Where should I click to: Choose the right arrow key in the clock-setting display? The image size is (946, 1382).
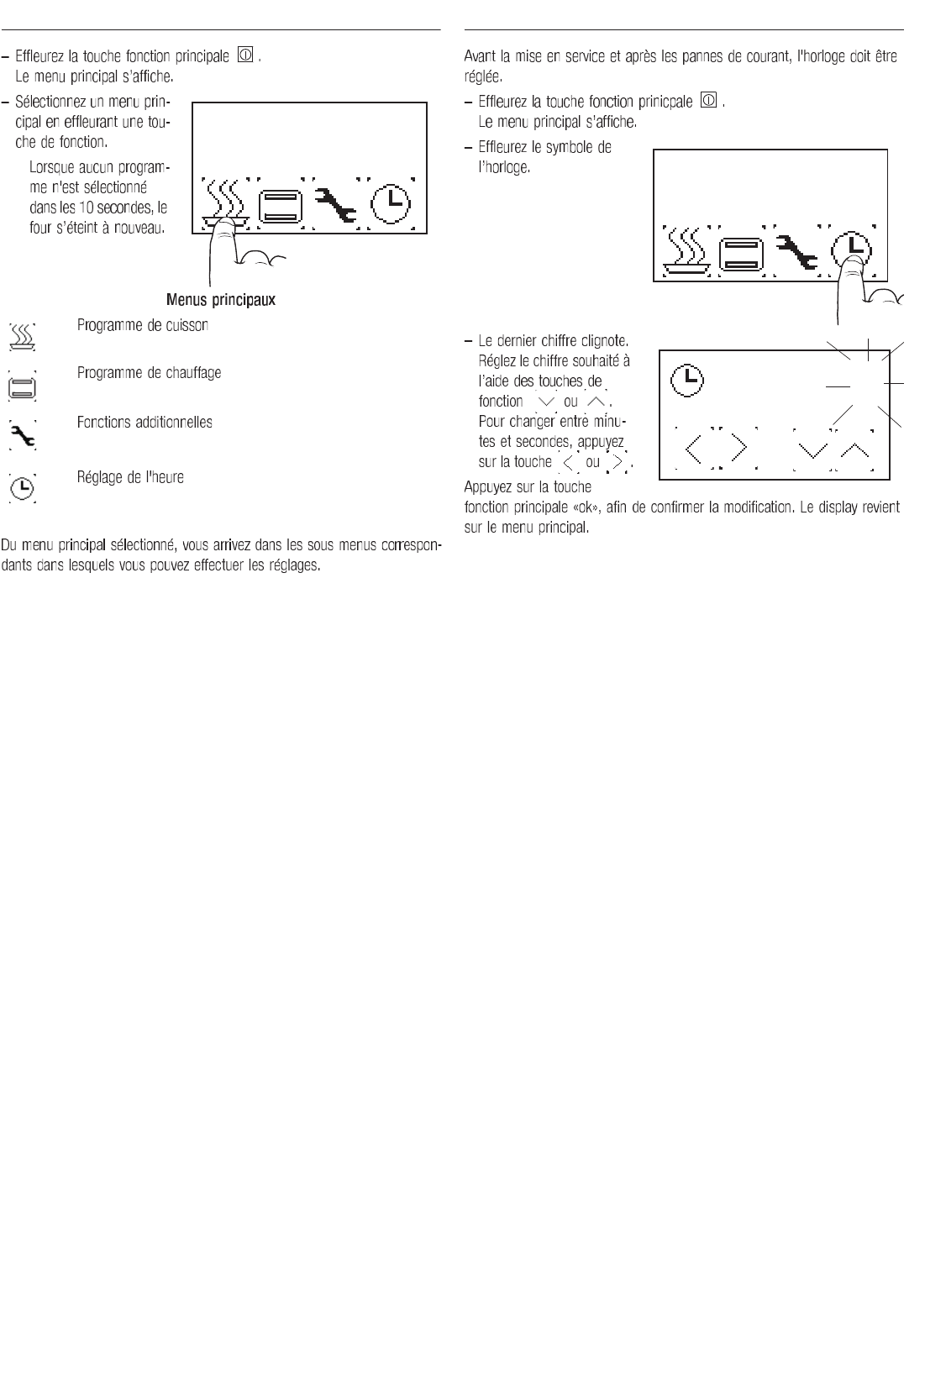[739, 449]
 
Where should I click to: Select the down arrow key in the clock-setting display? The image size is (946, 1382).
[811, 450]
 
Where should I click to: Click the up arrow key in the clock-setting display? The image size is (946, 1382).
[855, 450]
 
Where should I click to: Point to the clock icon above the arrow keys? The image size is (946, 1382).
[685, 380]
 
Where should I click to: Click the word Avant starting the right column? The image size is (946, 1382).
[480, 58]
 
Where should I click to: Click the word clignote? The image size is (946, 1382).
[607, 341]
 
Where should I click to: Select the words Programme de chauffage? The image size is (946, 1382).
[150, 372]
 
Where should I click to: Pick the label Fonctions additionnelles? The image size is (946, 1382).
[145, 422]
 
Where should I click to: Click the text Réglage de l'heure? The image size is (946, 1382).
[130, 477]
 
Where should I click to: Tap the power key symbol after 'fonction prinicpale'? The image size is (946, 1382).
[708, 102]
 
